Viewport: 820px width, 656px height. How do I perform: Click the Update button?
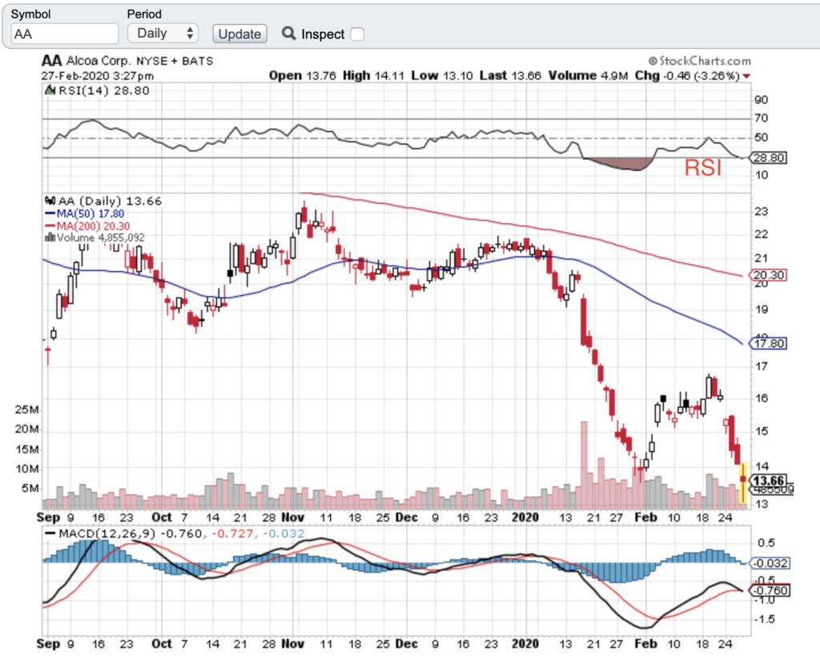tap(239, 34)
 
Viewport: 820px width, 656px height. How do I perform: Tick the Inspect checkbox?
tap(357, 34)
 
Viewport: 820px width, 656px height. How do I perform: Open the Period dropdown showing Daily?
tap(163, 34)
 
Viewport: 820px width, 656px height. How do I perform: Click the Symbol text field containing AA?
tap(65, 34)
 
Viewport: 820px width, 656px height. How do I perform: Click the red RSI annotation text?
tap(702, 168)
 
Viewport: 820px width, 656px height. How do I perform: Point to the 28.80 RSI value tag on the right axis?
tap(770, 158)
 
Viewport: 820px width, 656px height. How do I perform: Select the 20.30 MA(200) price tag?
tap(770, 274)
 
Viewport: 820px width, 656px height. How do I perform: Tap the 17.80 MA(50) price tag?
tap(770, 344)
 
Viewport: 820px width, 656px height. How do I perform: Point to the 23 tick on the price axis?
tap(761, 211)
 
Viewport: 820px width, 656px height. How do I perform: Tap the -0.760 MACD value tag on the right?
tap(770, 590)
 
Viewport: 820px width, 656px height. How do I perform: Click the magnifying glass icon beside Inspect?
tap(289, 34)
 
